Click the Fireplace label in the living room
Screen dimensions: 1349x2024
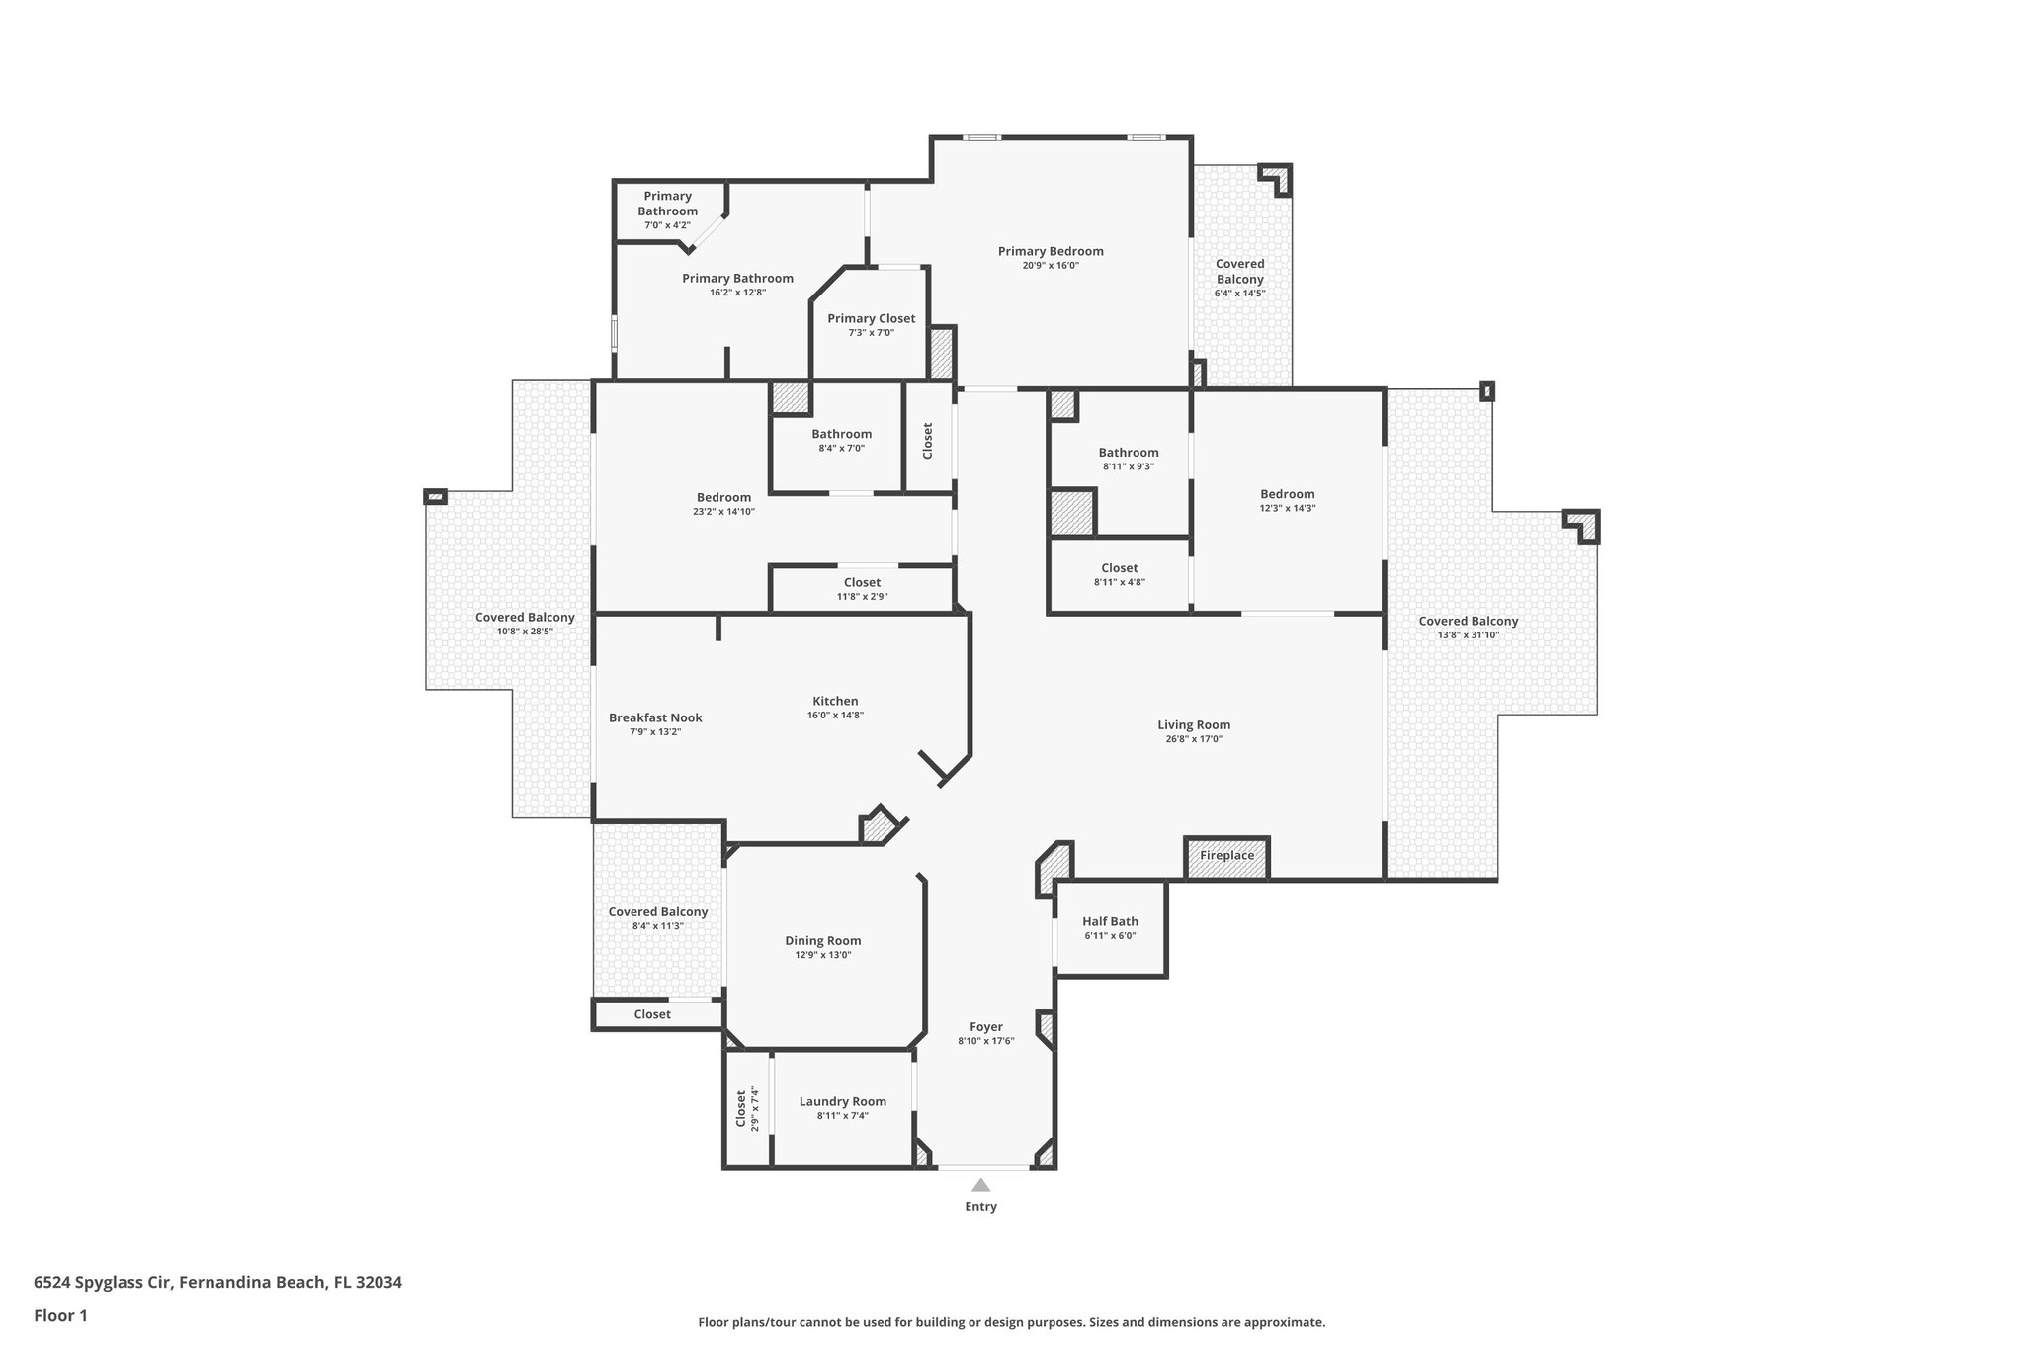tap(1226, 856)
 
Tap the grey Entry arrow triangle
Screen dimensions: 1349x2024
tap(980, 1185)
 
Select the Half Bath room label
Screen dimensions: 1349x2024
tap(1110, 921)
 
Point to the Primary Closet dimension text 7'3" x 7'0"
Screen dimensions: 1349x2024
tap(871, 333)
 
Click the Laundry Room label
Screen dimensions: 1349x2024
tap(842, 1101)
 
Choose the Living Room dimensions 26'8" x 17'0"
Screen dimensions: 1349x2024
tap(1194, 739)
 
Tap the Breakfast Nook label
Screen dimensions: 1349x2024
tap(655, 717)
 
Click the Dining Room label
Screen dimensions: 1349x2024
tap(822, 940)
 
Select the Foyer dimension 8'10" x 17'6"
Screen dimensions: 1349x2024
tap(985, 1041)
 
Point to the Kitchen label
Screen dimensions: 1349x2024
tap(835, 701)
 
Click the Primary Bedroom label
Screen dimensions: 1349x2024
tap(1050, 251)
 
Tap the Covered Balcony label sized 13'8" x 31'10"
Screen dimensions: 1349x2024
tap(1468, 621)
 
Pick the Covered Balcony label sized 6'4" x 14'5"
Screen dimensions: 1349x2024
tap(1239, 271)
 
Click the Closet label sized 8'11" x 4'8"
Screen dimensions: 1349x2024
tap(1119, 568)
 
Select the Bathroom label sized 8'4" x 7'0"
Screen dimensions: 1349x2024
tap(841, 434)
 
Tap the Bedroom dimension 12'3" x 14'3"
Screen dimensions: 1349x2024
tap(1287, 508)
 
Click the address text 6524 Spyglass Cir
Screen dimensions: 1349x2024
tap(103, 1282)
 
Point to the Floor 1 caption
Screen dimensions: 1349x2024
tap(60, 1315)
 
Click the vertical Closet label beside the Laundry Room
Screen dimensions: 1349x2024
tap(741, 1108)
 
